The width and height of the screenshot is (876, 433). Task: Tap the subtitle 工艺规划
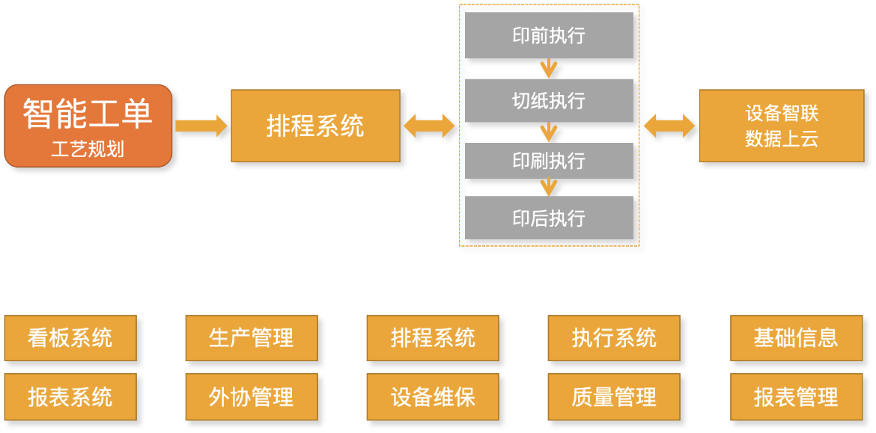pyautogui.click(x=88, y=149)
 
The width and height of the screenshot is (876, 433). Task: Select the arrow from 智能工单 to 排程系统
pyautogui.click(x=201, y=126)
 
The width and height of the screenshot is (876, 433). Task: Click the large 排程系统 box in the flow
pyautogui.click(x=315, y=126)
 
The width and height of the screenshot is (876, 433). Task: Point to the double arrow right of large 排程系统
pyautogui.click(x=429, y=126)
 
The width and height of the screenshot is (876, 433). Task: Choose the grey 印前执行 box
pyautogui.click(x=549, y=35)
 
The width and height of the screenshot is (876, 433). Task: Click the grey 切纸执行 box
pyautogui.click(x=549, y=100)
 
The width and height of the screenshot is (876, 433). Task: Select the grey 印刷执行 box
pyautogui.click(x=549, y=160)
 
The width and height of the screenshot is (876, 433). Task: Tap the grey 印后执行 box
pyautogui.click(x=549, y=218)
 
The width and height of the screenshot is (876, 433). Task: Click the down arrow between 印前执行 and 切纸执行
pyautogui.click(x=549, y=69)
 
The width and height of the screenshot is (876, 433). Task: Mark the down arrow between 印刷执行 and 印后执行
pyautogui.click(x=549, y=187)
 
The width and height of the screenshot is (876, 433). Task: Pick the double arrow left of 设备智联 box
pyautogui.click(x=669, y=126)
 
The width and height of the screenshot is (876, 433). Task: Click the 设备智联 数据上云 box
pyautogui.click(x=782, y=126)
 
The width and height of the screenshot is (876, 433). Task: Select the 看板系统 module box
pyautogui.click(x=70, y=338)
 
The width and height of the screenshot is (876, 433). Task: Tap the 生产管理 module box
pyautogui.click(x=252, y=338)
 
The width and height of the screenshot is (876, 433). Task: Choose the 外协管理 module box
pyautogui.click(x=252, y=396)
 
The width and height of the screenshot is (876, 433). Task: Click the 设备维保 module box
pyautogui.click(x=433, y=396)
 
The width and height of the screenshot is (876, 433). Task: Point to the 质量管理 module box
pyautogui.click(x=614, y=396)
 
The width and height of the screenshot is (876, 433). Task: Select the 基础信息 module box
pyautogui.click(x=795, y=338)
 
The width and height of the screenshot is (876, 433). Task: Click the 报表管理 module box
pyautogui.click(x=795, y=396)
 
